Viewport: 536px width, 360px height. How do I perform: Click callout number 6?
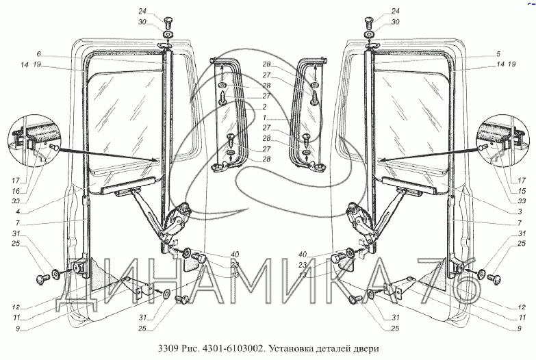39,53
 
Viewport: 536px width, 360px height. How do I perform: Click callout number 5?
498,53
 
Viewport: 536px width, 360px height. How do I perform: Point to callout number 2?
264,107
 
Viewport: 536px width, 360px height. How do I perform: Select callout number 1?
264,117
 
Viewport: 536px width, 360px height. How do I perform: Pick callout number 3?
520,212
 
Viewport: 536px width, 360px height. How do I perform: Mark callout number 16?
16,191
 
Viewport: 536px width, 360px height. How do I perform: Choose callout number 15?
522,191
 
